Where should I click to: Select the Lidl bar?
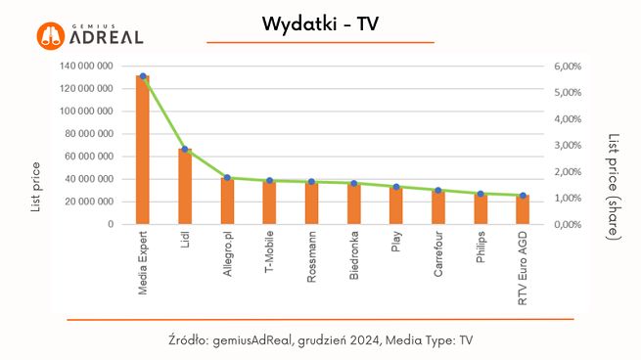[185, 187]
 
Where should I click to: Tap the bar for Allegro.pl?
[227, 202]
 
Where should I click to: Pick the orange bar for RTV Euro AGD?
[523, 210]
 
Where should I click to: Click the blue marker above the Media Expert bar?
[143, 75]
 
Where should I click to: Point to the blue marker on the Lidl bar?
[185, 150]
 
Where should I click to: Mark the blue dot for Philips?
[481, 194]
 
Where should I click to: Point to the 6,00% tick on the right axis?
[570, 67]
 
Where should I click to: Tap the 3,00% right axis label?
[570, 146]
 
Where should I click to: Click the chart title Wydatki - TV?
[320, 24]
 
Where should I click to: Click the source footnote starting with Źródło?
[321, 339]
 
